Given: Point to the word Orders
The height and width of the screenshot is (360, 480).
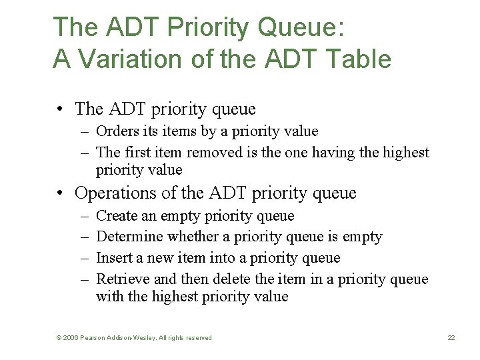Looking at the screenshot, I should click(x=116, y=131).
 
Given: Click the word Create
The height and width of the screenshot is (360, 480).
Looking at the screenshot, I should click(x=117, y=215).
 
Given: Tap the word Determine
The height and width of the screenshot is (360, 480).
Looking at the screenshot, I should click(x=129, y=236).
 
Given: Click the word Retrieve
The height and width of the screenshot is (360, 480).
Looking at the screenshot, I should click(x=122, y=279).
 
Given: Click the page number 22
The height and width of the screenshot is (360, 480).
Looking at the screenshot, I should click(x=451, y=338).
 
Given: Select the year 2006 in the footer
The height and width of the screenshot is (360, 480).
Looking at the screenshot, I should click(x=71, y=338).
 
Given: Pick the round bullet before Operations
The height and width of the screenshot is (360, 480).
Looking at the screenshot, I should click(x=61, y=194).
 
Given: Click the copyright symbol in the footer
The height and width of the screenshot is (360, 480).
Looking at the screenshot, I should click(x=58, y=338).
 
